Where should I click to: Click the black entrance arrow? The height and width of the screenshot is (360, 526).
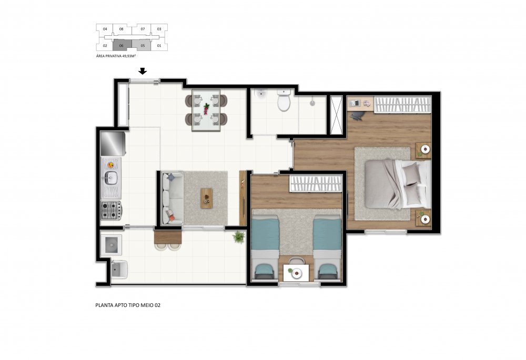pos(143,71)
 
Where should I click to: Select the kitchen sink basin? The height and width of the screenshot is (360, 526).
pos(110,177)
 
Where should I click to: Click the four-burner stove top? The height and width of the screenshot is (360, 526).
pos(111,210)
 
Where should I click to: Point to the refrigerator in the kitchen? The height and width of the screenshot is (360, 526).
pos(113,143)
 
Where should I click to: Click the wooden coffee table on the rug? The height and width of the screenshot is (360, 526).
pos(206,198)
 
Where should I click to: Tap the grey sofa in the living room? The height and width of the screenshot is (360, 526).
pos(172,199)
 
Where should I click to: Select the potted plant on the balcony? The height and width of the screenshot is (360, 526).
pos(238,236)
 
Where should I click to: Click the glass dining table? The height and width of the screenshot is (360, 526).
pos(206,110)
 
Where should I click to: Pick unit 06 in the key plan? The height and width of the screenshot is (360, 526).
pos(122,45)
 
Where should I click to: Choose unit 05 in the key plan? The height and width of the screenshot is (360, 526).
pos(142,45)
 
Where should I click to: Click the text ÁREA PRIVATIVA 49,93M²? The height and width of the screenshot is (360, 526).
pos(116,56)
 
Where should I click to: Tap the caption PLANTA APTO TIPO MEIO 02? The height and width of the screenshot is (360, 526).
pos(128,305)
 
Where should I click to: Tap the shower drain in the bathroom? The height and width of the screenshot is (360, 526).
pos(312,103)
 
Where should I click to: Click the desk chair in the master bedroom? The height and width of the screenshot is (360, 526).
pos(358,115)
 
